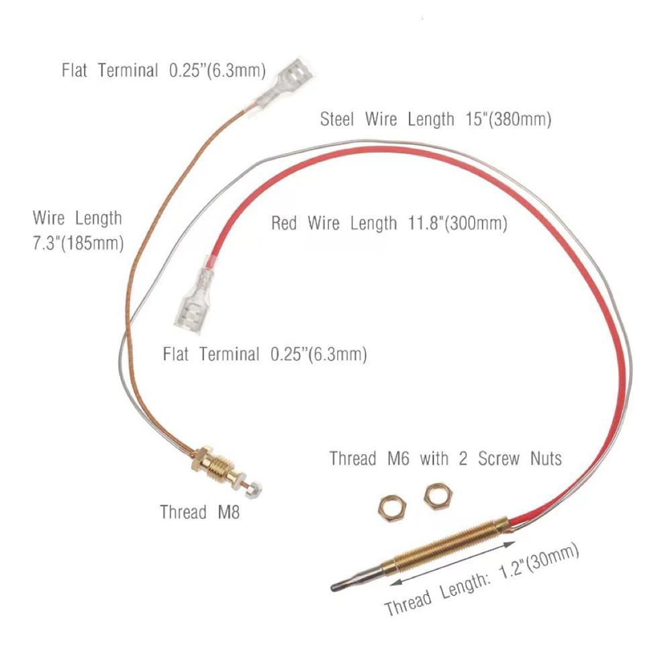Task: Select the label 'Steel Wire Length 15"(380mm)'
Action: coord(435,120)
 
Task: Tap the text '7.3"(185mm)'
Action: coord(79,243)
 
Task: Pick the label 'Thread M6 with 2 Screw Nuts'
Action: coord(445,459)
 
